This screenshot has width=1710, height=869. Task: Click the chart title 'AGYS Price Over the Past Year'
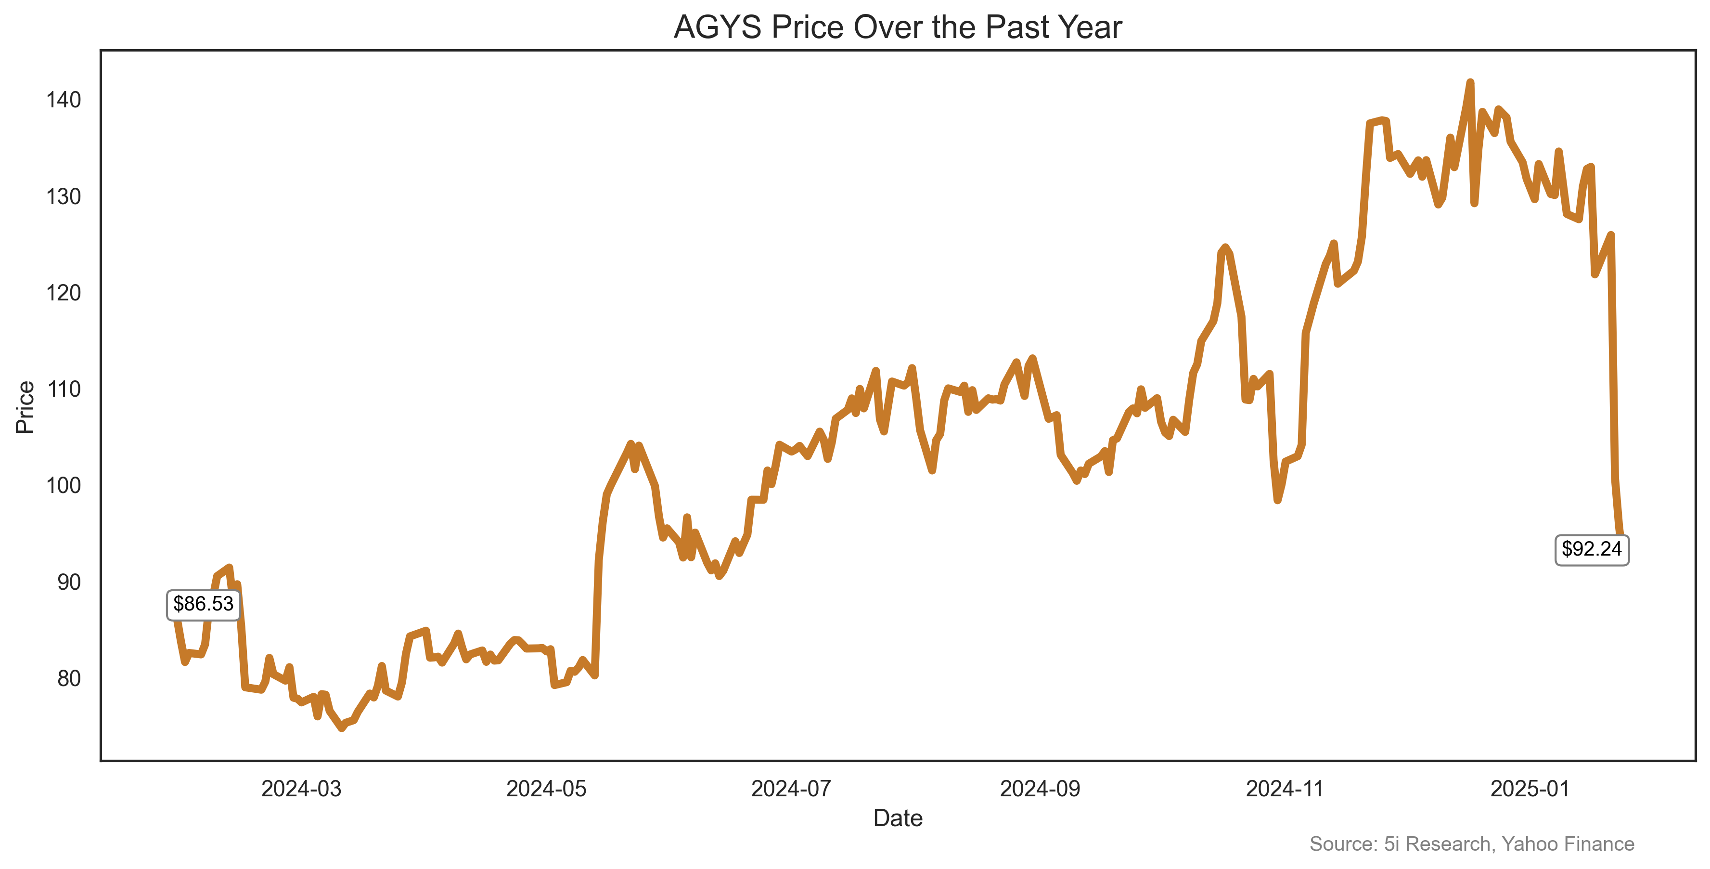[x=898, y=28]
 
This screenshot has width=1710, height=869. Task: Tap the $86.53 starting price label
[x=203, y=604]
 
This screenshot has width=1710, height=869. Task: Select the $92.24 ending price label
[x=1591, y=549]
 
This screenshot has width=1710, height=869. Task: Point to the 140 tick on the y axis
[x=64, y=100]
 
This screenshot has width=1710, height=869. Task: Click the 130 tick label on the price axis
[x=64, y=196]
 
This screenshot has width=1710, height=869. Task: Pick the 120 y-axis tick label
[x=64, y=293]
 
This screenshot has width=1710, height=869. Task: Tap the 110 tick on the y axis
[x=64, y=389]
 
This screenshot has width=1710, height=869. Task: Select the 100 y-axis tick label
[x=64, y=485]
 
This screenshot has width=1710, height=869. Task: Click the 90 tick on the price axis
[x=68, y=582]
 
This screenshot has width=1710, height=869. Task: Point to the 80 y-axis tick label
[x=68, y=678]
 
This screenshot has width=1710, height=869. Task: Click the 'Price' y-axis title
[x=25, y=407]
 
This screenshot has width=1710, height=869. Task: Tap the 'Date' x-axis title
[x=898, y=818]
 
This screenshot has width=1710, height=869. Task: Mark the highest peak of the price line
[x=1470, y=82]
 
